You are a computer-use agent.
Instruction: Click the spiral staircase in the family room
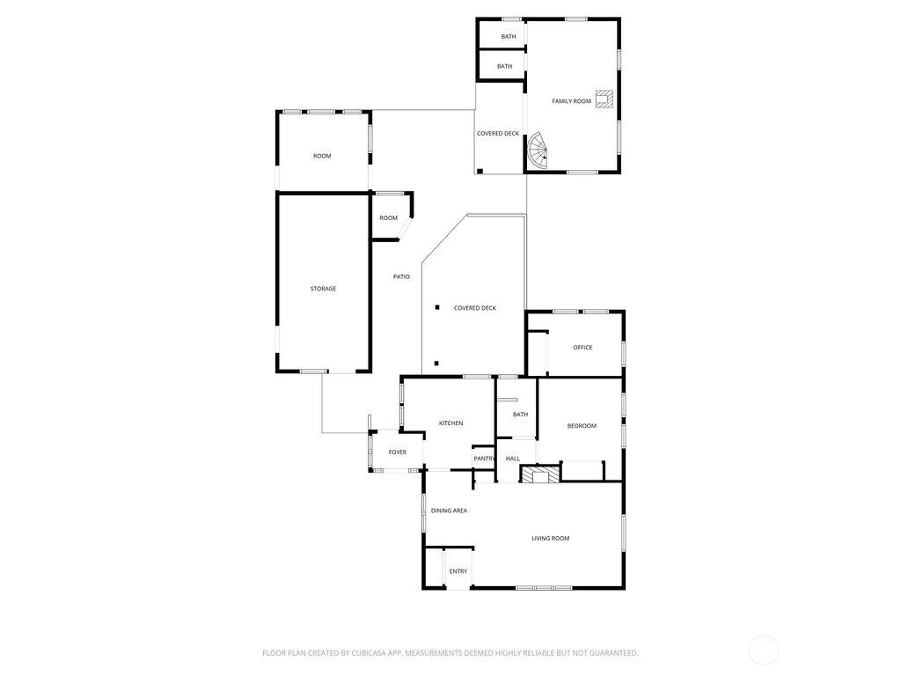coord(538,151)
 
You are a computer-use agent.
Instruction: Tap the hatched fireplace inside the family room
coord(604,99)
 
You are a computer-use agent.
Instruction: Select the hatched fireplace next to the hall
coord(539,474)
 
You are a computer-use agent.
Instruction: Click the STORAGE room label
coord(323,289)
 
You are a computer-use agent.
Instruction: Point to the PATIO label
coord(401,277)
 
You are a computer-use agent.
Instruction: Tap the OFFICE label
coord(582,347)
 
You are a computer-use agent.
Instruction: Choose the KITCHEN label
coord(450,423)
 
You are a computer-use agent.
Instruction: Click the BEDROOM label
coord(582,426)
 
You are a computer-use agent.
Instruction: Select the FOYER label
coord(397,452)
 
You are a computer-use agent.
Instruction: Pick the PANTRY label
coord(484,459)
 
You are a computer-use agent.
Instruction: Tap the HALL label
coord(513,459)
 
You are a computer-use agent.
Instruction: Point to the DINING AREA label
coord(449,511)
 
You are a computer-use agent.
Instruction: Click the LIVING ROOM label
coord(550,539)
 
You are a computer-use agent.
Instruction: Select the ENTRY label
coord(458,571)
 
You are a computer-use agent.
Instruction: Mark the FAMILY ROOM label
coord(571,101)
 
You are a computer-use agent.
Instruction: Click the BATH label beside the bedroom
coord(520,415)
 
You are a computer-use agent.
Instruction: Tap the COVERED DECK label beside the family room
coord(498,134)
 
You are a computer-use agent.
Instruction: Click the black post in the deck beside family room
coord(480,171)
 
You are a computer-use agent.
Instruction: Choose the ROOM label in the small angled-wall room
coord(388,218)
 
